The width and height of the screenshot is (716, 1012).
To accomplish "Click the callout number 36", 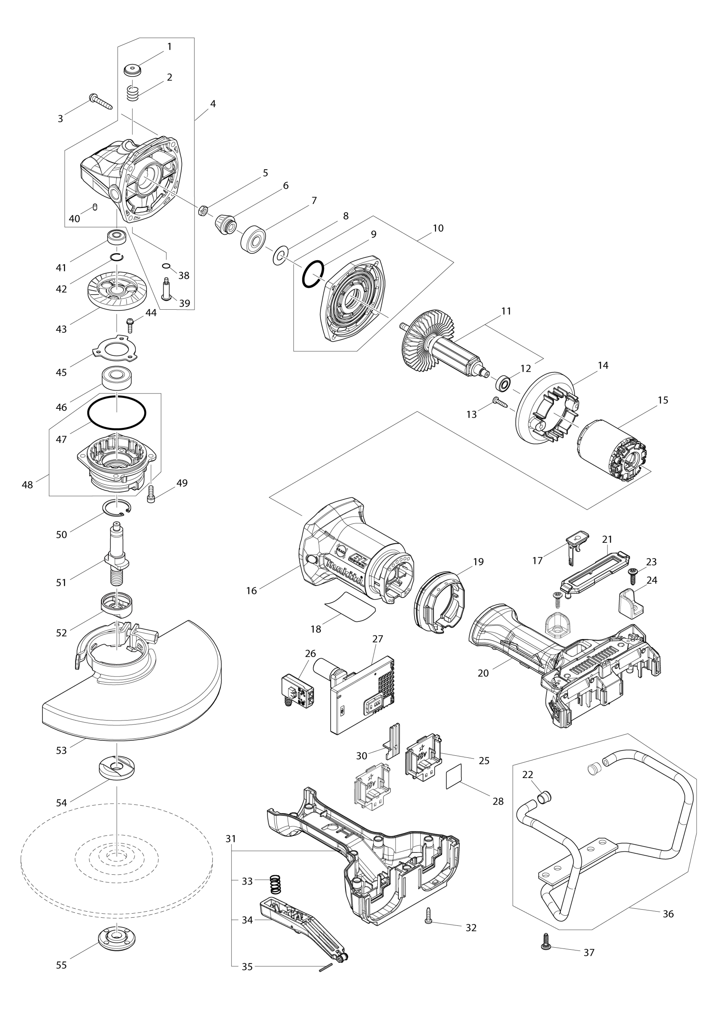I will click(668, 914).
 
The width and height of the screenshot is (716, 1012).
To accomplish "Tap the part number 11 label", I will click(506, 311).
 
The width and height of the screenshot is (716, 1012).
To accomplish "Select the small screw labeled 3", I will click(101, 102).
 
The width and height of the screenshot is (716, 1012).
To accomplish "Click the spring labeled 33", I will click(274, 883).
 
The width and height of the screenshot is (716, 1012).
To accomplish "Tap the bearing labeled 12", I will click(503, 383).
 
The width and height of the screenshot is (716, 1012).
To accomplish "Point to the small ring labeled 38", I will click(166, 265).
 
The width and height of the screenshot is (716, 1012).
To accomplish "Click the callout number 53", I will click(61, 750).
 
